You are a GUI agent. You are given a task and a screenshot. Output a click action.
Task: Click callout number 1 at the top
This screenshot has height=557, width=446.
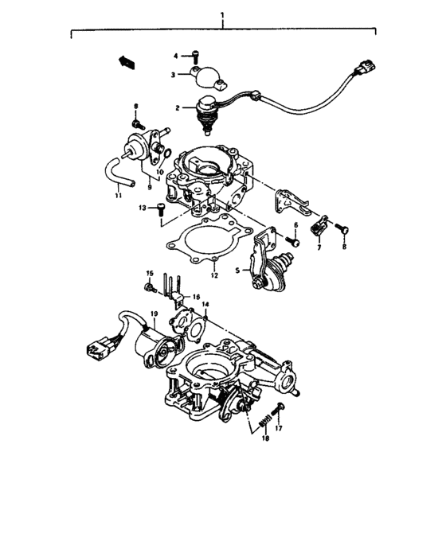click(x=224, y=15)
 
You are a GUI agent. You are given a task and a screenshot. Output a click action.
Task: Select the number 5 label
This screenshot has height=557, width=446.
click(x=237, y=270)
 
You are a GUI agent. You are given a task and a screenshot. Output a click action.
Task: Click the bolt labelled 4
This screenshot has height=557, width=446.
click(x=195, y=56)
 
